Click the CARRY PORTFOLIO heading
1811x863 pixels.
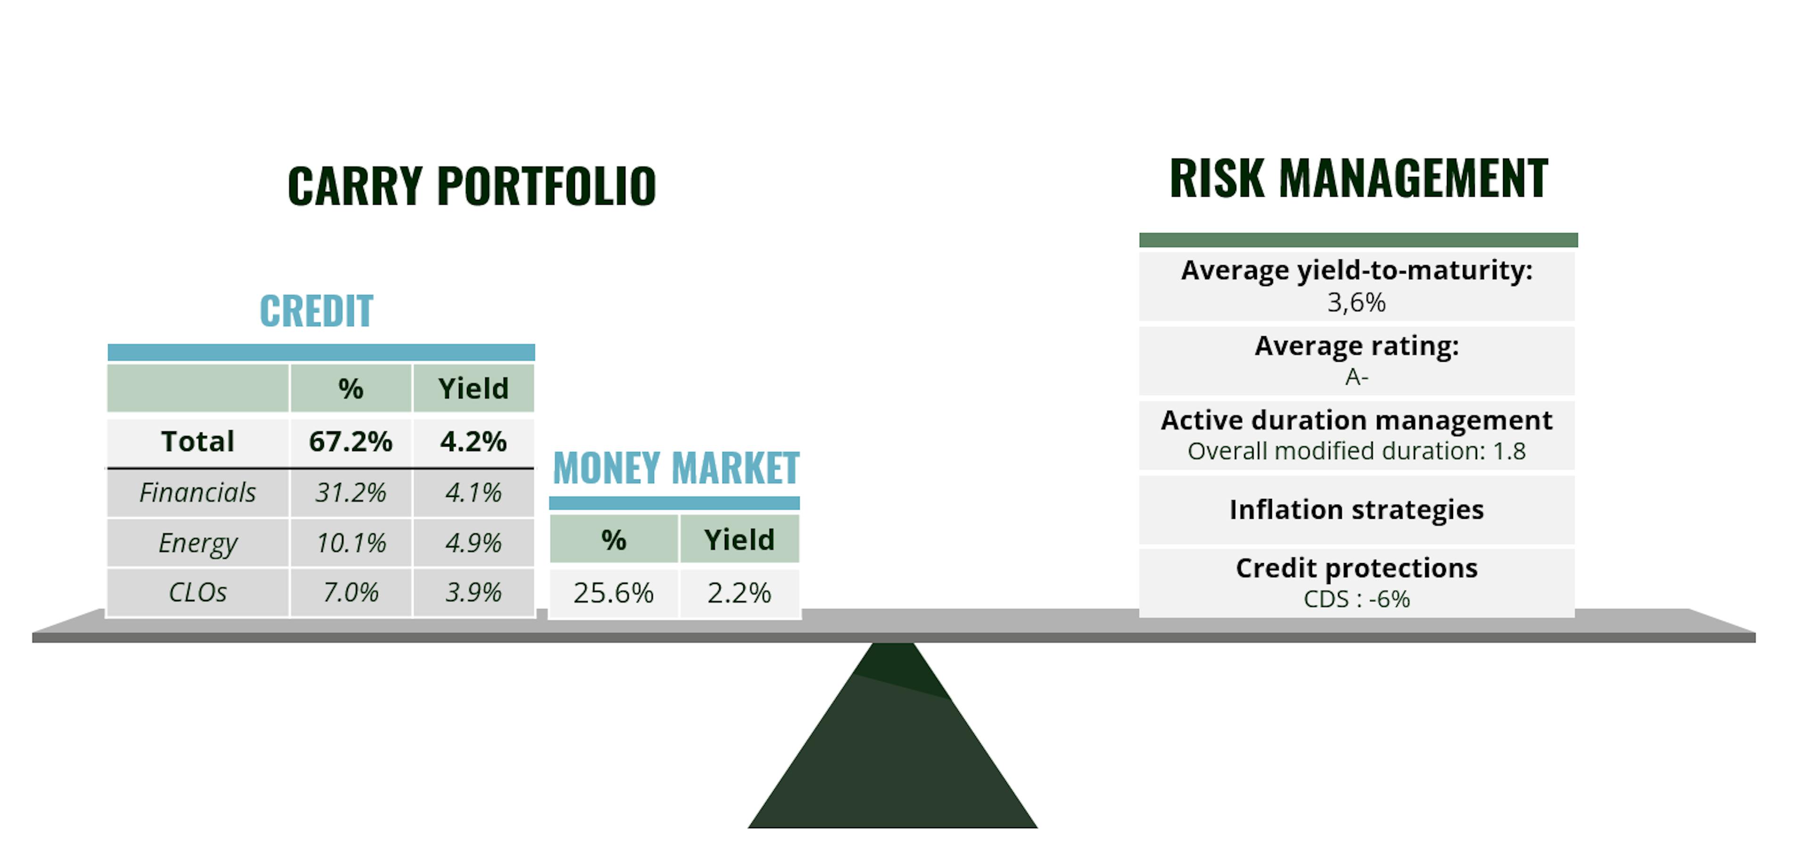click(472, 186)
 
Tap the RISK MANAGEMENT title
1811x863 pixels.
click(1358, 179)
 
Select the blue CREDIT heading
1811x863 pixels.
click(316, 311)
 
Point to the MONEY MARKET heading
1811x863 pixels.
click(676, 468)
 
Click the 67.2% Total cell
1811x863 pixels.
click(350, 441)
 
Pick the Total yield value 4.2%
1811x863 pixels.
click(473, 441)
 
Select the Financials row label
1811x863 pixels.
click(198, 493)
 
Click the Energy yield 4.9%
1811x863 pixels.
click(473, 542)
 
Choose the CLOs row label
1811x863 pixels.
click(198, 592)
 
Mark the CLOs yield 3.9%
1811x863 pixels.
click(473, 592)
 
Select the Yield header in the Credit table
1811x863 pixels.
click(473, 389)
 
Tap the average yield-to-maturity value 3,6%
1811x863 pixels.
click(1356, 303)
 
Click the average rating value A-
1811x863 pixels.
click(1356, 377)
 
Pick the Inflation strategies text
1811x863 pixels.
click(1356, 509)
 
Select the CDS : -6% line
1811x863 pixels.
click(1356, 599)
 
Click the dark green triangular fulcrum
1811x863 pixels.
click(893, 745)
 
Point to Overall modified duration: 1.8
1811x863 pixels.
click(1356, 451)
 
